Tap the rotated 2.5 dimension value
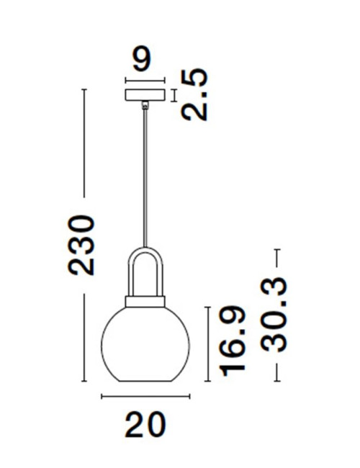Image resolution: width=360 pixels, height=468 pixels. pos(194,95)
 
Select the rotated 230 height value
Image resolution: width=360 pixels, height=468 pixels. pos(81,245)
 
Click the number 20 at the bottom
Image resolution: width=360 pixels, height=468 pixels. pos(145,425)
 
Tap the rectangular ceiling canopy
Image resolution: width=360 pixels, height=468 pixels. pos(145,95)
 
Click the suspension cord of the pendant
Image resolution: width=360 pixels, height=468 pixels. pos(146,180)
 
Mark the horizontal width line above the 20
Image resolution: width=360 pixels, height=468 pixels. pos(145,396)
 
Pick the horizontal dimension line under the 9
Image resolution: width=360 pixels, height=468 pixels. pos(145,80)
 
